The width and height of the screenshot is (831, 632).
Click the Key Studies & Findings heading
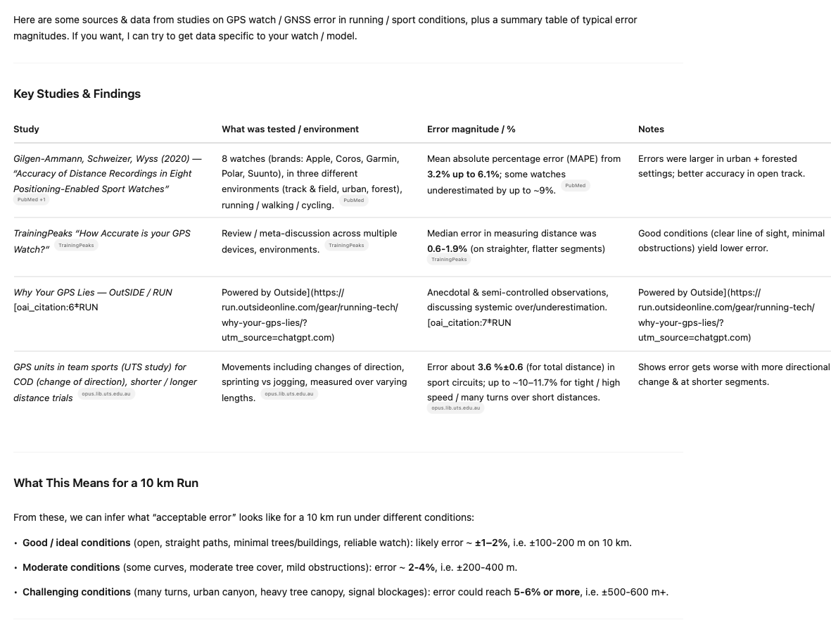pyautogui.click(x=77, y=94)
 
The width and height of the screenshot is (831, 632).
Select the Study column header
pyautogui.click(x=26, y=129)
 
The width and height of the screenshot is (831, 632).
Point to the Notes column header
pyautogui.click(x=651, y=129)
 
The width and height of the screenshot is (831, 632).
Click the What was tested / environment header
pyautogui.click(x=290, y=129)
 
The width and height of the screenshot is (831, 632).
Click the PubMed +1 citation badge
pyautogui.click(x=32, y=200)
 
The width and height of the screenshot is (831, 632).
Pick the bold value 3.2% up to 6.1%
pyautogui.click(x=463, y=174)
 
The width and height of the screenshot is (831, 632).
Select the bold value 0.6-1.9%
pyautogui.click(x=447, y=248)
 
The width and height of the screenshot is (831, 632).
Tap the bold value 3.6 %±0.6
pyautogui.click(x=500, y=367)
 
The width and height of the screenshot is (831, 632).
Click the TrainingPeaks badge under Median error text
pyautogui.click(x=449, y=260)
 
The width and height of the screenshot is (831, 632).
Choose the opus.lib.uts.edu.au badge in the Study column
pyautogui.click(x=106, y=394)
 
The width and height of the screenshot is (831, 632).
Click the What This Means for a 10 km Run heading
pyautogui.click(x=106, y=483)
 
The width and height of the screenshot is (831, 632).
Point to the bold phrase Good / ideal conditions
pyautogui.click(x=77, y=543)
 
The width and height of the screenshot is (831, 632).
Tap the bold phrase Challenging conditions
pyautogui.click(x=77, y=592)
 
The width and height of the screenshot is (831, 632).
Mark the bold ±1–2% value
pyautogui.click(x=491, y=543)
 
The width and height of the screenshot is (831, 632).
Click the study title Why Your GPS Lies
pyautogui.click(x=57, y=292)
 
